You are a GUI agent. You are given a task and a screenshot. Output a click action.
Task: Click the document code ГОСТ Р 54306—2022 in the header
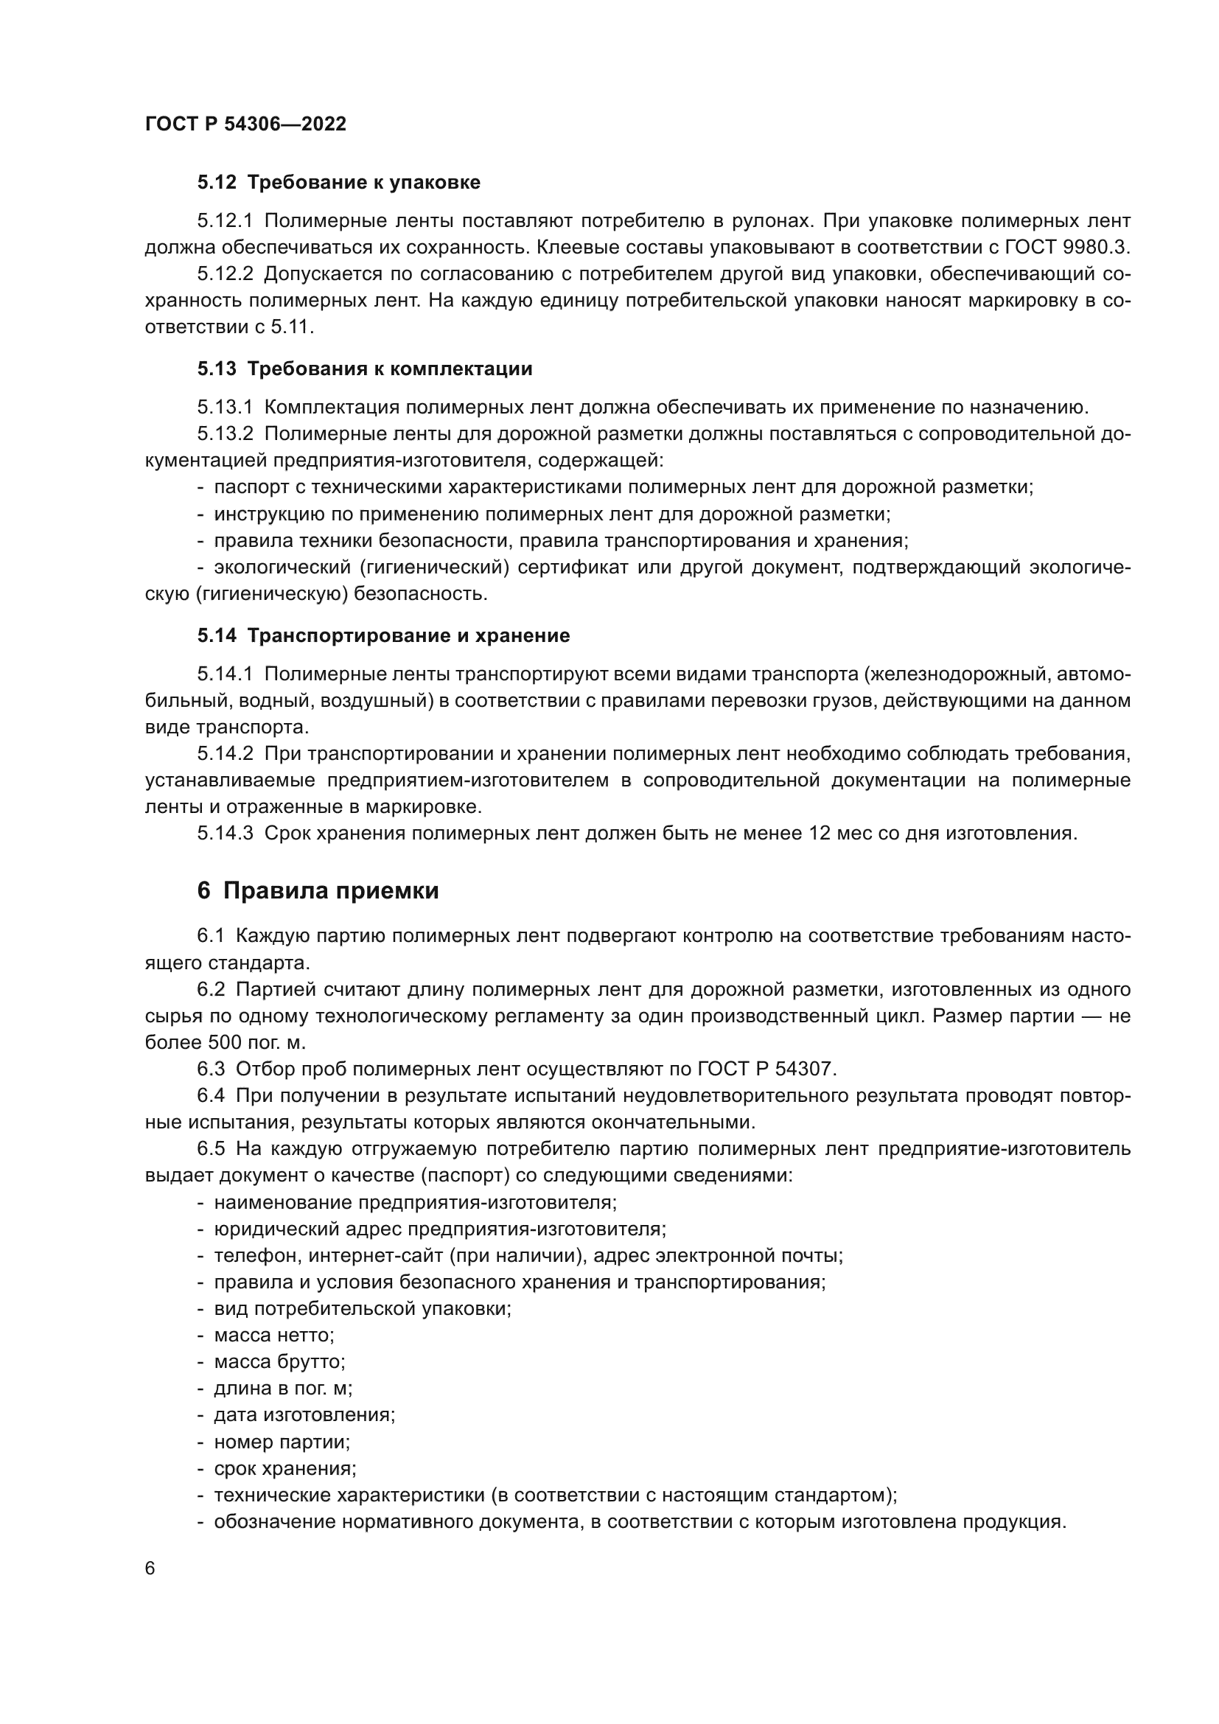point(245,125)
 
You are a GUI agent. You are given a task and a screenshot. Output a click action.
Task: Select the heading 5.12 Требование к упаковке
point(338,183)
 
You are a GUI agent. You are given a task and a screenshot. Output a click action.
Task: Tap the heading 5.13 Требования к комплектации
point(365,369)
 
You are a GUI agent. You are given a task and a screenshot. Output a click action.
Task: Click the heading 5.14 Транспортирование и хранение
point(383,636)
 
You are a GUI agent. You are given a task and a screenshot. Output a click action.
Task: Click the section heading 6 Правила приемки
point(318,891)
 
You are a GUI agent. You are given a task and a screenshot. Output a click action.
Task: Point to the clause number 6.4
point(211,1096)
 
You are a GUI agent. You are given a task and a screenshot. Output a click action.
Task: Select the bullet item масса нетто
point(274,1336)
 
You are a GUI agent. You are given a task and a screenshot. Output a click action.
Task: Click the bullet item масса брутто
point(279,1362)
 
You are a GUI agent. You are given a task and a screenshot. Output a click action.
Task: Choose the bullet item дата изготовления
point(304,1415)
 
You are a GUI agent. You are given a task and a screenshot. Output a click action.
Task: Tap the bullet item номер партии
point(282,1442)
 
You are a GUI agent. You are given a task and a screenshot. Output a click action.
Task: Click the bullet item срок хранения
point(285,1469)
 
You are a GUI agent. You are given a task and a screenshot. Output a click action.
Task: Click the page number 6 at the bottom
point(150,1569)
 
